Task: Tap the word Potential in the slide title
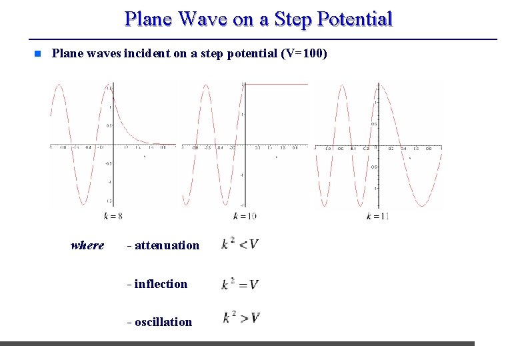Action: tap(355, 19)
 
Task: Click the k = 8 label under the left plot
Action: tap(113, 215)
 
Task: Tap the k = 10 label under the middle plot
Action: tap(245, 215)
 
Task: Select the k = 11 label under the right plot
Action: tap(377, 215)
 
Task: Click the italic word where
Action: tap(87, 245)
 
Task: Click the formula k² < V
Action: tap(240, 244)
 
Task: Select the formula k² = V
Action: tap(240, 283)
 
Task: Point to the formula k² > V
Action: tap(241, 317)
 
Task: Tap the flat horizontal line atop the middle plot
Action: tap(277, 85)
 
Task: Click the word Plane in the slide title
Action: tap(147, 19)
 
